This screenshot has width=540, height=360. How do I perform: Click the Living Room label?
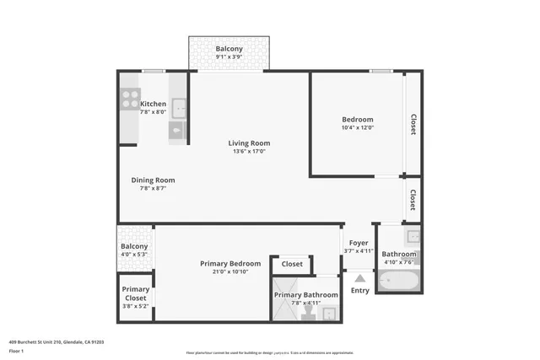pos(249,142)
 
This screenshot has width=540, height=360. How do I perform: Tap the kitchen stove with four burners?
pos(129,101)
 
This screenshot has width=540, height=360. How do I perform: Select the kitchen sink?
pos(178,108)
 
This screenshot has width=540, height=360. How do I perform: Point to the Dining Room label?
pos(153,180)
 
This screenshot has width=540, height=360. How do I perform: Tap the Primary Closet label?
pos(135,293)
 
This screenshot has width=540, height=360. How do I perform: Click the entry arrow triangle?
pos(360,277)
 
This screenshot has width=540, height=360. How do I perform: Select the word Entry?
pos(360,291)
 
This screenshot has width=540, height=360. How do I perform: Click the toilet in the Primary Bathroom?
pos(308,313)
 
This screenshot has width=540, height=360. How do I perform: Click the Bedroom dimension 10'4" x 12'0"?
pos(357,128)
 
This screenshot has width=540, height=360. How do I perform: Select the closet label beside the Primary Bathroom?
pos(292,264)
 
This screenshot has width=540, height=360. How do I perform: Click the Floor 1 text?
pos(16,351)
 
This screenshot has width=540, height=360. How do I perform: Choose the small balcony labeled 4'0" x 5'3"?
pos(134,250)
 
